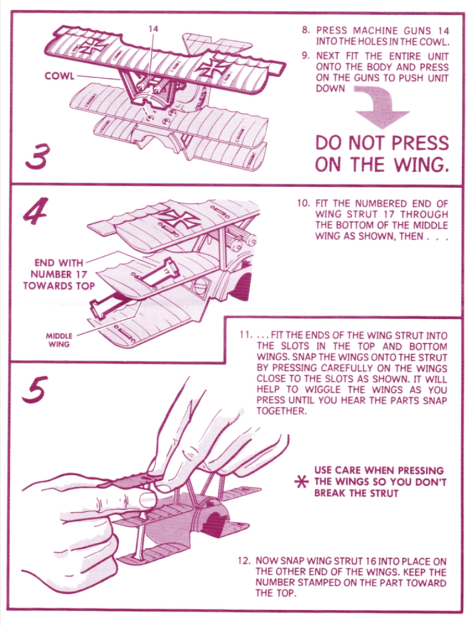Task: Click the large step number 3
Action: [37, 156]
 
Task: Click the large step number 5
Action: [33, 390]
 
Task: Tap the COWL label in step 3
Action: [59, 76]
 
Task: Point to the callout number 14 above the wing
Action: [153, 29]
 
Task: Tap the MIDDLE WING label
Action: [59, 340]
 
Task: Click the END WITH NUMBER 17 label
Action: [59, 274]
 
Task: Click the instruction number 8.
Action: [305, 30]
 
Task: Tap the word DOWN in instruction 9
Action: [330, 88]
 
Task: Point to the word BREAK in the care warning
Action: [330, 493]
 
